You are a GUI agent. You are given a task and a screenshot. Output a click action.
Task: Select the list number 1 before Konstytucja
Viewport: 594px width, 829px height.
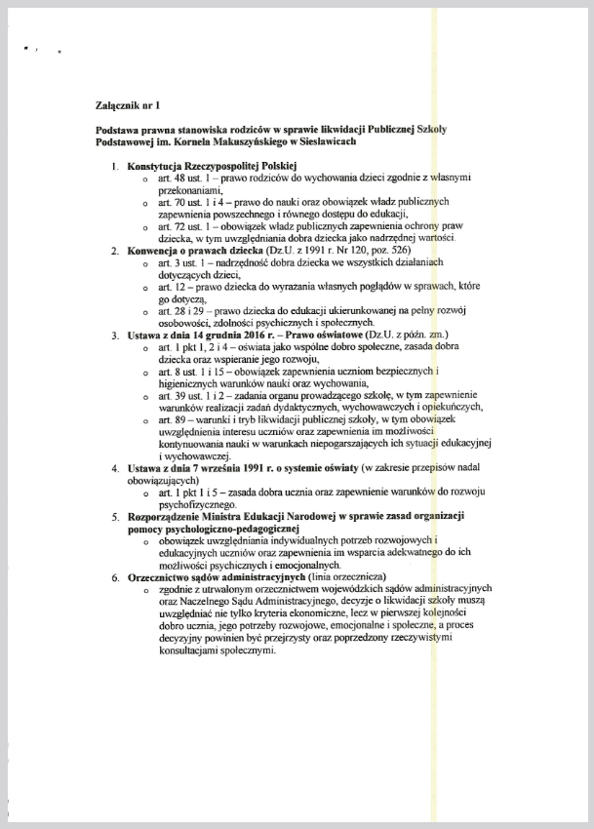tap(116, 167)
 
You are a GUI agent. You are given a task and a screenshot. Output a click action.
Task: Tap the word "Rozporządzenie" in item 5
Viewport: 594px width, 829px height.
tap(172, 515)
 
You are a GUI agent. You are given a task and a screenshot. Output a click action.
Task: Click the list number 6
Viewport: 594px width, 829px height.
tap(115, 575)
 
